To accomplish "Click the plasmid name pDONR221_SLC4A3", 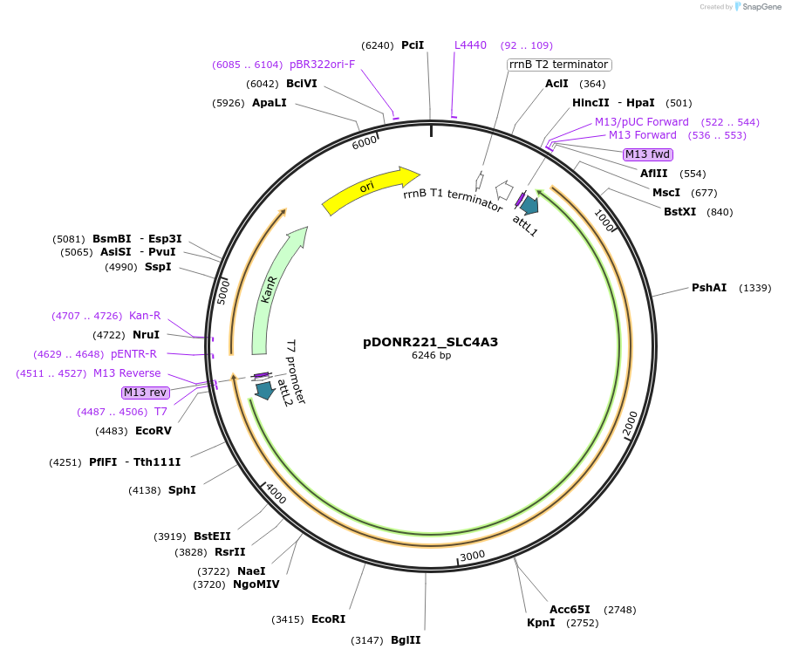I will (x=430, y=341).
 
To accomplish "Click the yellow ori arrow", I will (x=371, y=189).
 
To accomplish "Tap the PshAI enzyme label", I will (x=708, y=287).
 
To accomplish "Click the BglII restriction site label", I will (x=406, y=639).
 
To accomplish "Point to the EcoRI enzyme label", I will (x=328, y=618).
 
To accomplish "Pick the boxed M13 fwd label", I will (x=648, y=154).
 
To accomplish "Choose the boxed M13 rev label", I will (x=146, y=393).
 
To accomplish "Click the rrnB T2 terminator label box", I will (x=558, y=64).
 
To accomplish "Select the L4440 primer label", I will (x=470, y=44).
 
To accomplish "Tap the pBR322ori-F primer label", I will (x=322, y=64).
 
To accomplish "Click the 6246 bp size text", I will (x=431, y=355).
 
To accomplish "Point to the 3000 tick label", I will (x=472, y=556).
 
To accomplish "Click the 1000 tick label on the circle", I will (x=604, y=221).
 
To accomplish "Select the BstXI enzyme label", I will (x=680, y=211).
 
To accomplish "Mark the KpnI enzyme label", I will (x=541, y=622).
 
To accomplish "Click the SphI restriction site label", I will (x=181, y=489).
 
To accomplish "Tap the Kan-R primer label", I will (x=145, y=315).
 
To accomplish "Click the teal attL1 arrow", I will (x=529, y=204).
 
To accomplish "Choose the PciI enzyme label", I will (x=413, y=44).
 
